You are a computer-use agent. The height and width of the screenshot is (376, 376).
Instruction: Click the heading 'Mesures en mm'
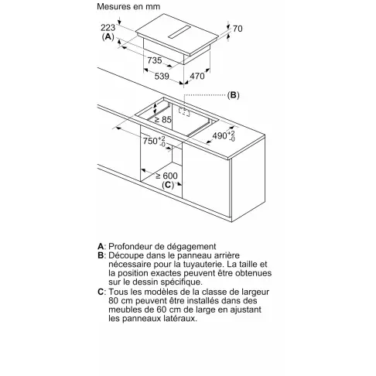[128, 6]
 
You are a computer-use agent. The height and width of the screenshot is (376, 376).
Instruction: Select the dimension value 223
[108, 27]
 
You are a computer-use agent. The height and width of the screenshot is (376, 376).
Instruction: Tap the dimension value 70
[238, 29]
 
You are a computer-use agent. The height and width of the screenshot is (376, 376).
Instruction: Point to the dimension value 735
[155, 60]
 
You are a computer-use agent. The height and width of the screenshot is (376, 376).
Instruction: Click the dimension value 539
[162, 76]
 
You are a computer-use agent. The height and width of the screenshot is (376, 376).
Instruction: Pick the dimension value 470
[197, 76]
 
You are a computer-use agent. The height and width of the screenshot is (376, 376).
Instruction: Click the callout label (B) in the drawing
[233, 95]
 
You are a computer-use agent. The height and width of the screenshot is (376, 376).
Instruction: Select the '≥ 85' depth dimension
[163, 119]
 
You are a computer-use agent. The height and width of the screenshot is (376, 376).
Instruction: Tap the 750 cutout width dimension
[154, 141]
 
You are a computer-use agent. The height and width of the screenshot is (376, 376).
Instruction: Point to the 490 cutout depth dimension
[224, 135]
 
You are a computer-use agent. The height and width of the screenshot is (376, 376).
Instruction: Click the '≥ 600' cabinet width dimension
[166, 176]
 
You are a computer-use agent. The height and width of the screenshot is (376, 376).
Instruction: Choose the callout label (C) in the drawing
[168, 185]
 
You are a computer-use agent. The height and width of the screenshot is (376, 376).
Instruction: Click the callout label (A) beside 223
[108, 36]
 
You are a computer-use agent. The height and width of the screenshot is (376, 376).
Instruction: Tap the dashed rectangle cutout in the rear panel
[184, 111]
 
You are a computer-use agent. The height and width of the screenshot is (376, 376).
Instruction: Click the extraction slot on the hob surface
[179, 32]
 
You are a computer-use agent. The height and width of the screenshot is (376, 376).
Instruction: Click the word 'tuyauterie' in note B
[202, 265]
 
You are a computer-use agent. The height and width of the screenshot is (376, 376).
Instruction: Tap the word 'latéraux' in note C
[180, 319]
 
